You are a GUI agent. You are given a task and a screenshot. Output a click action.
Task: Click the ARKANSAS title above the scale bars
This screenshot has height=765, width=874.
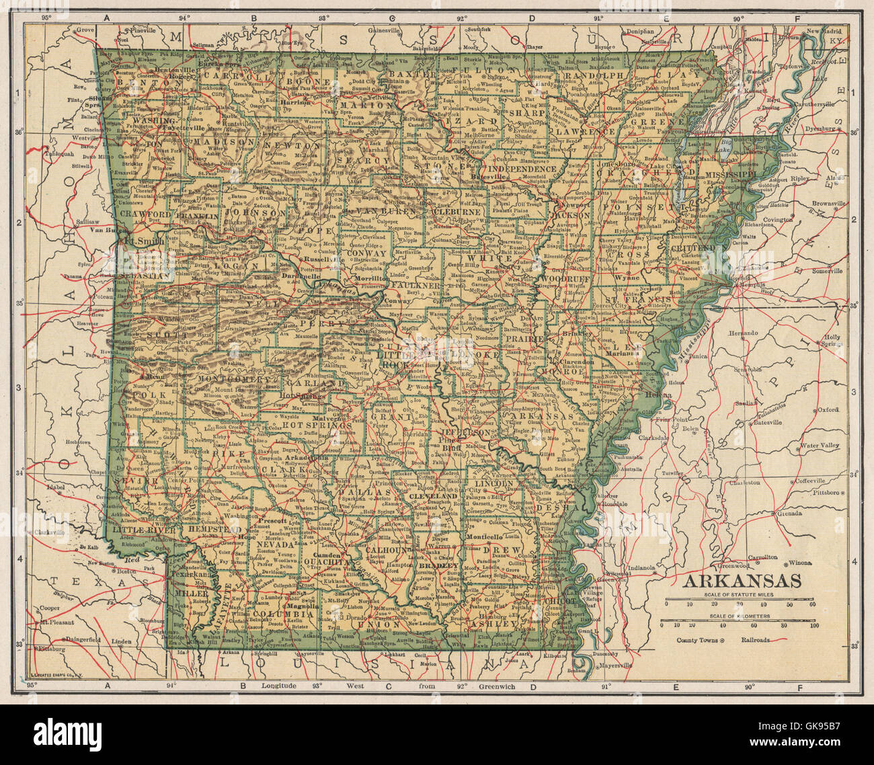pyautogui.click(x=742, y=581)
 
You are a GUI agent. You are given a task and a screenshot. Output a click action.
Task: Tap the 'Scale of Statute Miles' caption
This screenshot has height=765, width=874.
pyautogui.click(x=739, y=594)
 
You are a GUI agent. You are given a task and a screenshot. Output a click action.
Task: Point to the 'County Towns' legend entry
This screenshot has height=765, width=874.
pyautogui.click(x=697, y=641)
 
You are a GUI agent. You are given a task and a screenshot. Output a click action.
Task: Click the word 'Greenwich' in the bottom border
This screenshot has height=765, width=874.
pyautogui.click(x=498, y=686)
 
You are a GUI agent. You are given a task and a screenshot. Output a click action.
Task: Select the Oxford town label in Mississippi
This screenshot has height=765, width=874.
pyautogui.click(x=828, y=409)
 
